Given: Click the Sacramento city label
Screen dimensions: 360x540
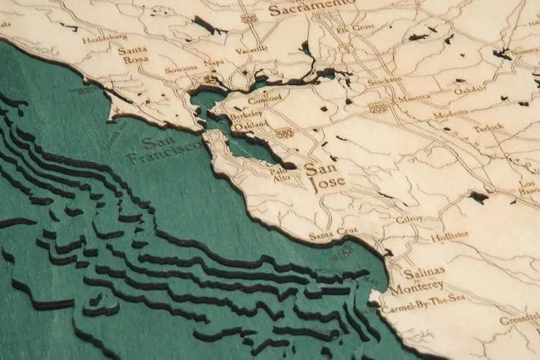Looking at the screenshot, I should tap(311, 8).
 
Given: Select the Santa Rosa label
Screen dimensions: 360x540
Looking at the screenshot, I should tap(132, 54).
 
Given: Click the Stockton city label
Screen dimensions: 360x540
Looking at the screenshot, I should tap(385, 80).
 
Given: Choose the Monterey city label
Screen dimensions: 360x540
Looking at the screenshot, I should tap(415, 286).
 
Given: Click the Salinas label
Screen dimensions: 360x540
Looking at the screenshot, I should tap(425, 272).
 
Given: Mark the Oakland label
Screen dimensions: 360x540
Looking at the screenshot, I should tap(251, 125).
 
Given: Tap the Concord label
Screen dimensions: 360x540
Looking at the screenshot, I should tap(265, 100).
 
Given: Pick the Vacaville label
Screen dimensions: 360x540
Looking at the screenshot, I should tap(252, 50).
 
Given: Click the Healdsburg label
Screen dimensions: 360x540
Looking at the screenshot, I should tap(105, 38).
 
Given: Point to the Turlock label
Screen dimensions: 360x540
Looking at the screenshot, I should tap(489, 127).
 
